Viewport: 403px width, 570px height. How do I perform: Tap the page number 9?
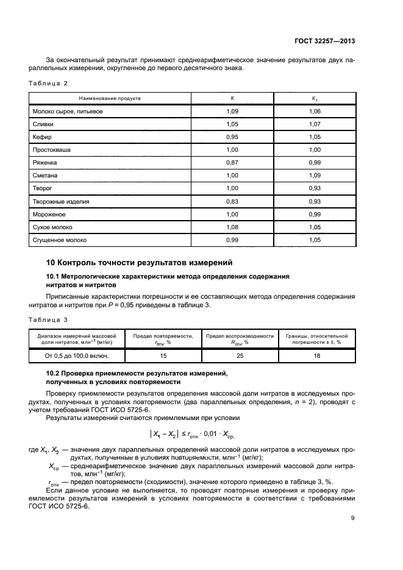tap(353, 519)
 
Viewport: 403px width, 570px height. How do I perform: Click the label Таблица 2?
tap(48, 82)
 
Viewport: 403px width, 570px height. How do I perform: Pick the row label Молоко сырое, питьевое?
tap(67, 112)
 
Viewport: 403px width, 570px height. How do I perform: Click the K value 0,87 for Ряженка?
tap(232, 163)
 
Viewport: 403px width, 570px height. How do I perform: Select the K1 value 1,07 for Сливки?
tap(315, 124)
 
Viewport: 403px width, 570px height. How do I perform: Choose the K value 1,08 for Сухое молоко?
tap(232, 228)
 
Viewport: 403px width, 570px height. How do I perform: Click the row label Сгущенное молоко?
tap(60, 241)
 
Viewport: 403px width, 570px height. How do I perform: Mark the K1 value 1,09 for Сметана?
tap(315, 176)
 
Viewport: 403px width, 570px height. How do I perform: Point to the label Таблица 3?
tap(48, 319)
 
